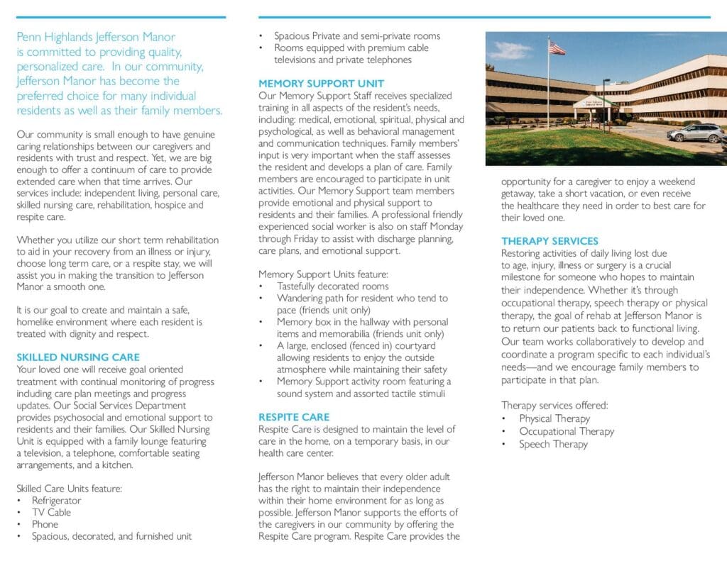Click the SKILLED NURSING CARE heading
[x=78, y=357]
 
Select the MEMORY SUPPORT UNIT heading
[x=322, y=83]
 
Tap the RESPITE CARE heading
[x=294, y=417]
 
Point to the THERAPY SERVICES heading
[x=550, y=241]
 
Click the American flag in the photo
[x=557, y=48]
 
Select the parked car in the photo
[x=695, y=133]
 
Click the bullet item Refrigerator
[x=56, y=501]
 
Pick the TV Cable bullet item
[x=51, y=513]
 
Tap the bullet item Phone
[x=45, y=525]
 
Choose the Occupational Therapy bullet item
[x=566, y=431]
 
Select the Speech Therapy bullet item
[x=553, y=444]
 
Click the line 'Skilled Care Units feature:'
[x=70, y=488]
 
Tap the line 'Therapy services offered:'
[x=554, y=406]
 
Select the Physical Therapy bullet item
[x=554, y=418]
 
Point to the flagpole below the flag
[x=548, y=92]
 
